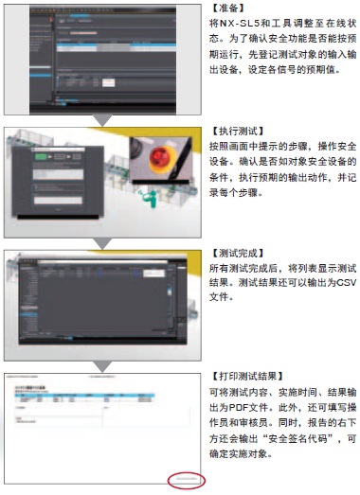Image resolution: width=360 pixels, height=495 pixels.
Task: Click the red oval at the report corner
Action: [186, 453]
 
